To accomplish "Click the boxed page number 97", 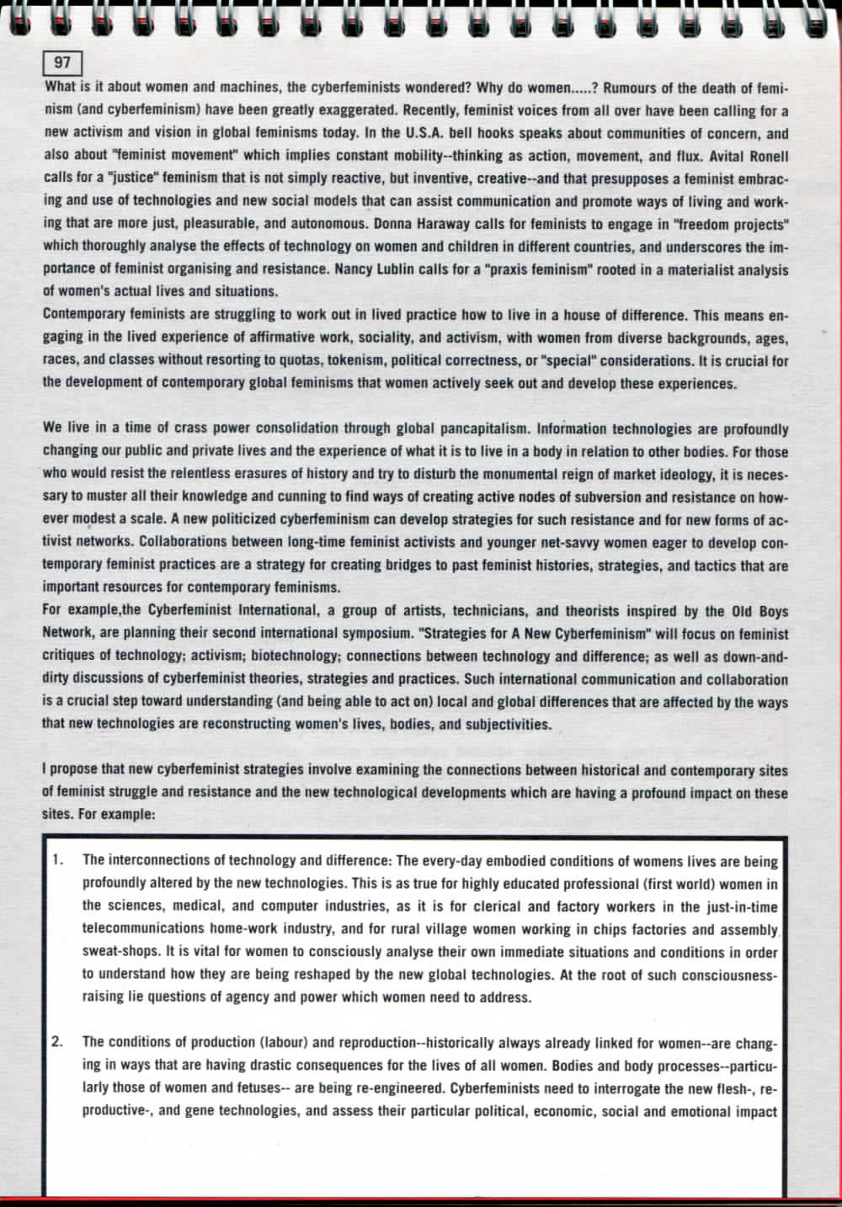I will [62, 62].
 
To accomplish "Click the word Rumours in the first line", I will [632, 88].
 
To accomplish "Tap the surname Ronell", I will [763, 156].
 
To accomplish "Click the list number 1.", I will [56, 860].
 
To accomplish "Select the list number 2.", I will [56, 1043].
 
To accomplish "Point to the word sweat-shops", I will [117, 952].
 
